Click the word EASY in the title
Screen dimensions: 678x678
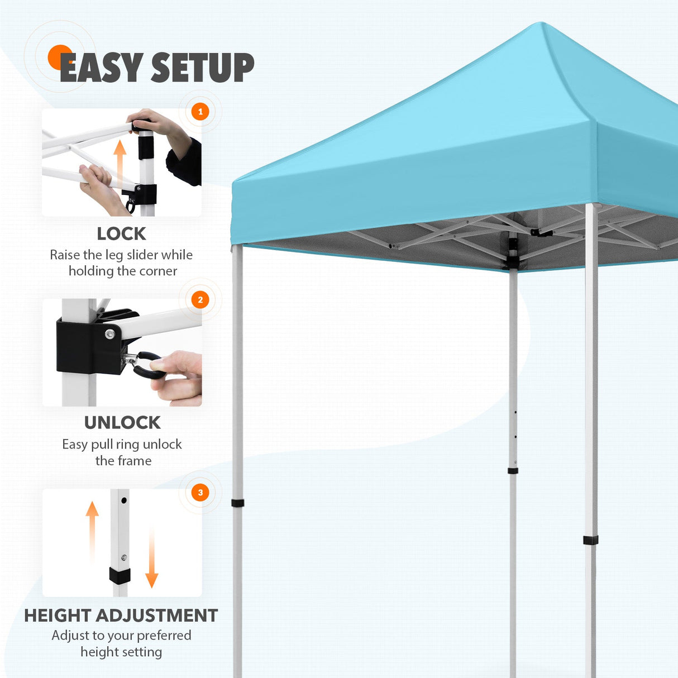pos(101,68)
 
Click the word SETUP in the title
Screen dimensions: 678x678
pos(202,68)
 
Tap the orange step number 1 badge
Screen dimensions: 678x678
pos(200,112)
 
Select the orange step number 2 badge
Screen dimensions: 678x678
pos(200,300)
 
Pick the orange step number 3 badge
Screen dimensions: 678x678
pos(200,493)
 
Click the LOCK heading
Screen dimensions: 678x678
pos(121,233)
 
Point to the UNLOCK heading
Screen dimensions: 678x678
pos(122,423)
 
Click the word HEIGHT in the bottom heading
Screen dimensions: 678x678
pos(58,615)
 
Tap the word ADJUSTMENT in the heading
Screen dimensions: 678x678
pos(157,615)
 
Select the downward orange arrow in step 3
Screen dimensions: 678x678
pos(151,558)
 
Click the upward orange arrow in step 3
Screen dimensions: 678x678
pos(93,531)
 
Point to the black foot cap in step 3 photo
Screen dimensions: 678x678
pos(120,575)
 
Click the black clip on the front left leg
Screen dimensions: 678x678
pos(237,503)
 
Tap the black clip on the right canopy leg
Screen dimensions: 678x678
pos(590,540)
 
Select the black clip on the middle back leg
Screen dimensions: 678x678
pos(513,471)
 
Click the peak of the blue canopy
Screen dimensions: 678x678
pos(541,25)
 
